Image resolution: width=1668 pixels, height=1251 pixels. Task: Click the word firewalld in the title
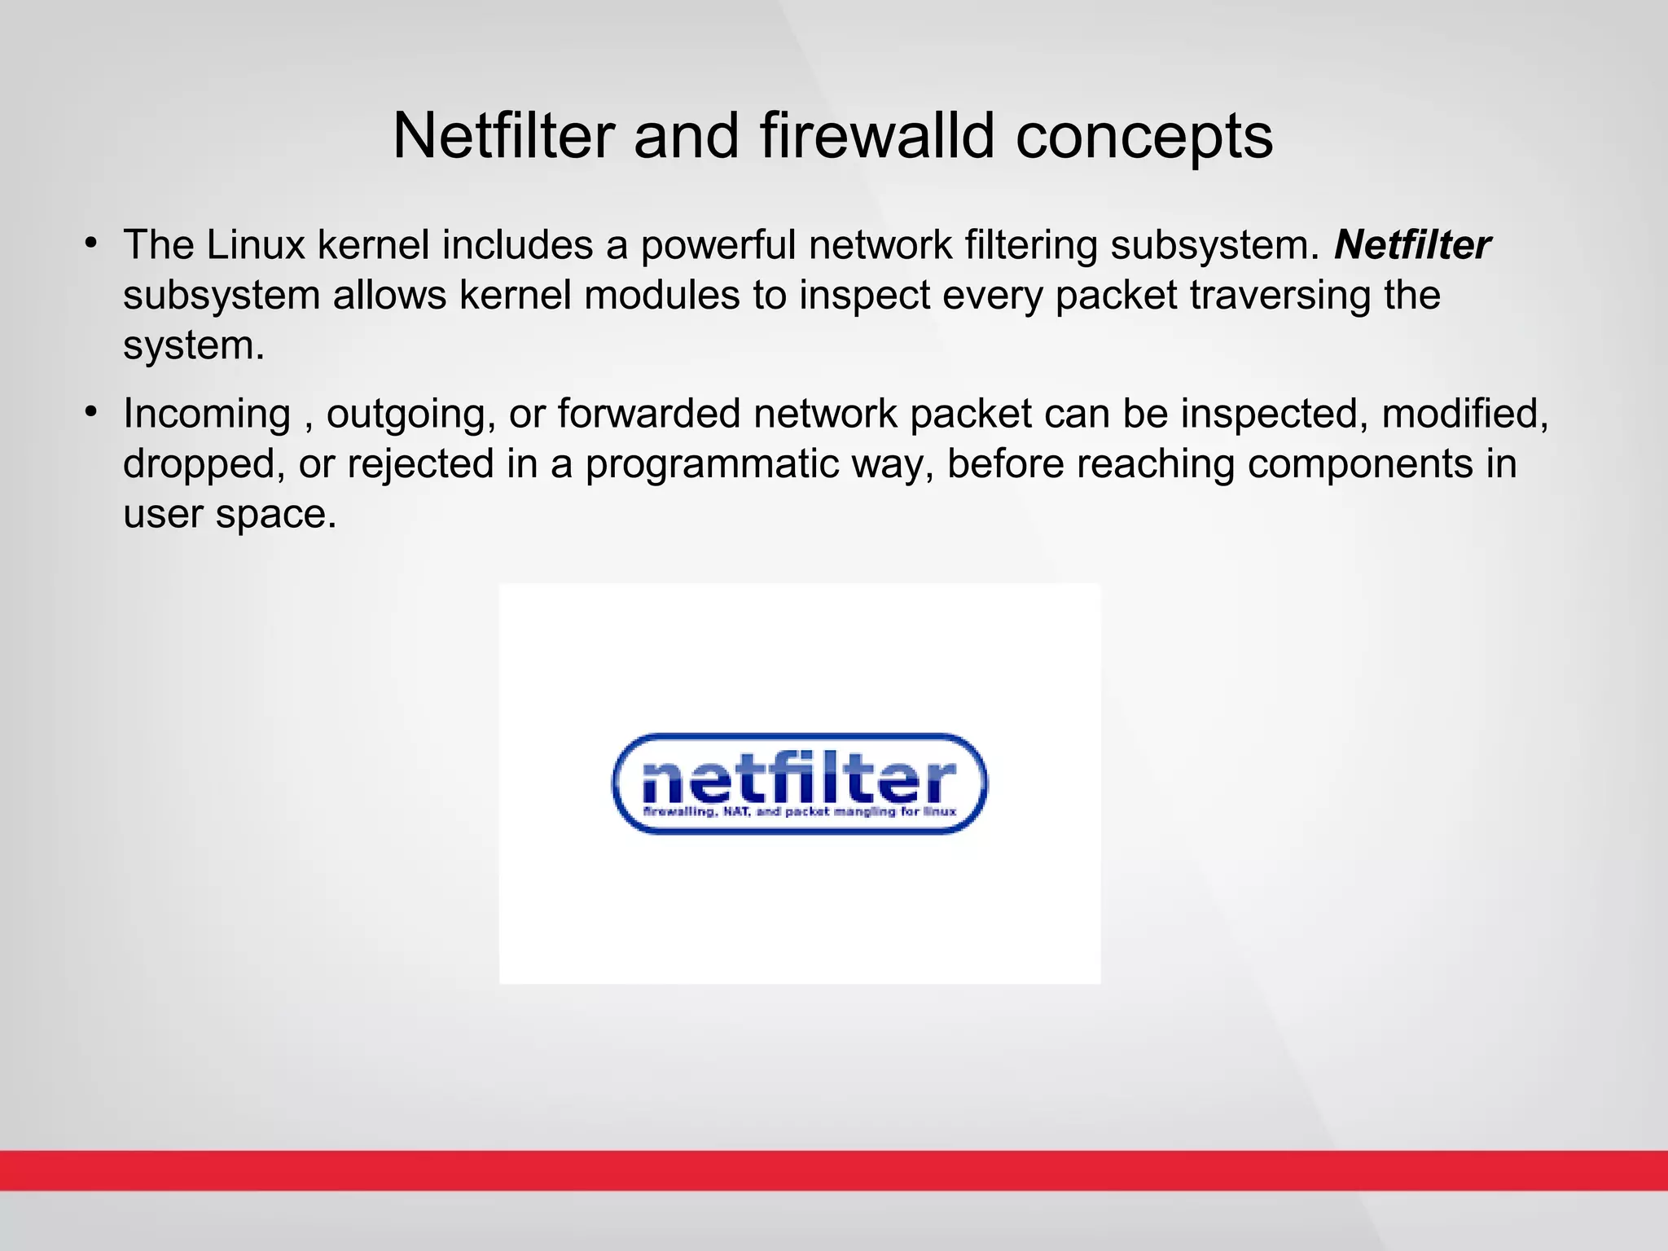pos(878,135)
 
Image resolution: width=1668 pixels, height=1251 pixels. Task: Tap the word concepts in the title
pos(1143,137)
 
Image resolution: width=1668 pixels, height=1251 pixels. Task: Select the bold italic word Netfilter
pos(1412,245)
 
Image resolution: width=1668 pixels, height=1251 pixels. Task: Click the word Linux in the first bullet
pos(255,245)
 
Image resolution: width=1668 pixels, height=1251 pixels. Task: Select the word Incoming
pos(207,414)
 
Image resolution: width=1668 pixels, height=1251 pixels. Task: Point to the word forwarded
pos(648,414)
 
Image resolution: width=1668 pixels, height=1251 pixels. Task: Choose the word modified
pos(1464,414)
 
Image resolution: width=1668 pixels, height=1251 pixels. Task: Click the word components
pos(1359,464)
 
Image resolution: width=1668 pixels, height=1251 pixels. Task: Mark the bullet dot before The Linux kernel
pos(91,243)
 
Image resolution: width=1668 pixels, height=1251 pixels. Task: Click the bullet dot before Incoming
pos(91,411)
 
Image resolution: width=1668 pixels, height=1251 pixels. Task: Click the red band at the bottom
pos(834,1170)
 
